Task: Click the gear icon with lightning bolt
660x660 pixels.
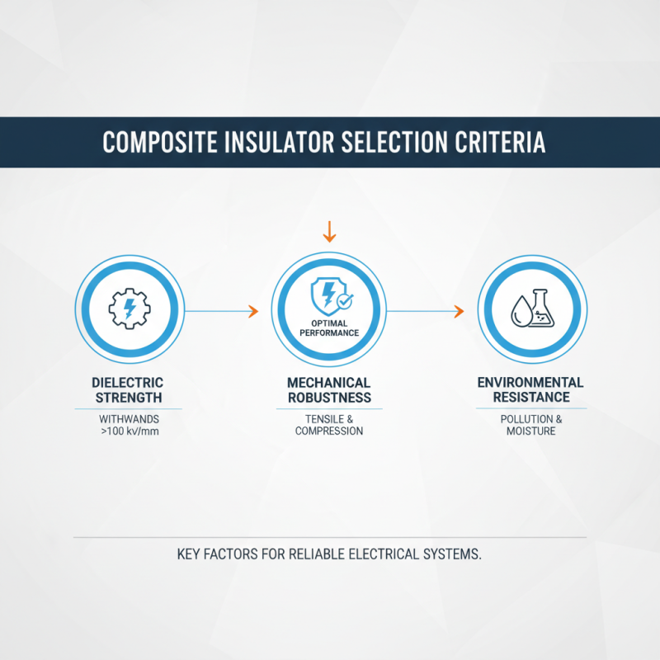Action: pyautogui.click(x=130, y=309)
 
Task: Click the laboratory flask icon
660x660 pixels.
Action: pyautogui.click(x=540, y=309)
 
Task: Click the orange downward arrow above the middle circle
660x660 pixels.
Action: pyautogui.click(x=329, y=231)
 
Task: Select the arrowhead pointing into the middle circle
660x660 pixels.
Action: pyautogui.click(x=253, y=311)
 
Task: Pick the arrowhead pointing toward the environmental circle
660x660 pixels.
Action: pyautogui.click(x=459, y=311)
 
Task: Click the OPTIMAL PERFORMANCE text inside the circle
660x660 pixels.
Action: pyautogui.click(x=329, y=328)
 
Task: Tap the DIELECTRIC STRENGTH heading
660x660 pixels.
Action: pyautogui.click(x=130, y=390)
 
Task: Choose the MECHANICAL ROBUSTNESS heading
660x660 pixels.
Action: pyautogui.click(x=329, y=390)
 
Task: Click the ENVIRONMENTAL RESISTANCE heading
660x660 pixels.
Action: pyautogui.click(x=530, y=389)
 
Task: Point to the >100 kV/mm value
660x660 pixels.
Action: pyautogui.click(x=130, y=431)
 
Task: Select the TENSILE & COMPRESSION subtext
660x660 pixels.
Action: pyautogui.click(x=329, y=425)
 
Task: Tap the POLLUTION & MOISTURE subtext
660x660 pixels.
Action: pyautogui.click(x=531, y=425)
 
